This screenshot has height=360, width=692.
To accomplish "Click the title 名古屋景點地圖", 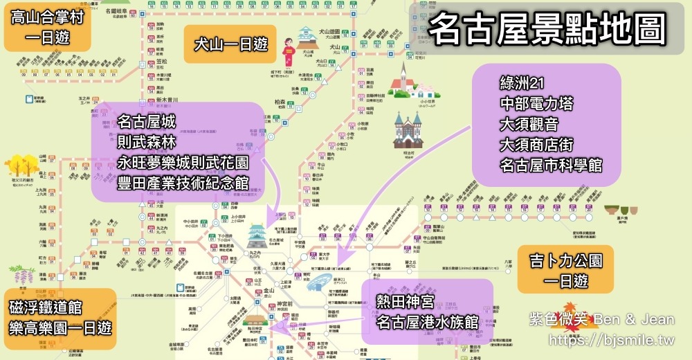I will point(547,30).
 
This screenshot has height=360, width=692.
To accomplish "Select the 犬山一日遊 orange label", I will point(230,44).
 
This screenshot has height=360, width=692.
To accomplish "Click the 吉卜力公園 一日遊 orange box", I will point(565,270).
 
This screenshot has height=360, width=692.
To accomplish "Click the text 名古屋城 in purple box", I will point(147,123).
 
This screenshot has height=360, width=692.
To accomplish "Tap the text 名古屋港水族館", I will point(428,322).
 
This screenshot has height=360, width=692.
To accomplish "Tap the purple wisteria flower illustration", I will point(20,275).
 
